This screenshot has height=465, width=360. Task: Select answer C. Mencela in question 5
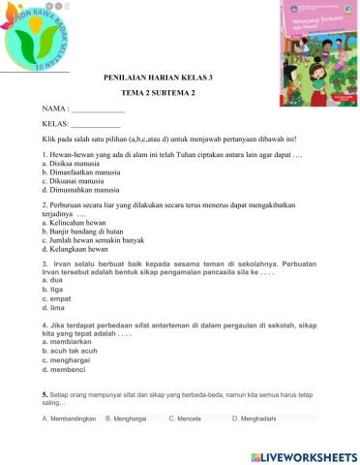click(x=185, y=418)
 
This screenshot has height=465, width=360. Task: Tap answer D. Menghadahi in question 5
click(x=255, y=418)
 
